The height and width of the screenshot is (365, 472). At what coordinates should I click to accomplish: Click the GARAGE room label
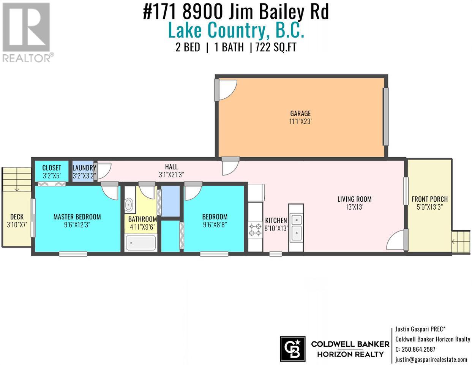pyautogui.click(x=300, y=114)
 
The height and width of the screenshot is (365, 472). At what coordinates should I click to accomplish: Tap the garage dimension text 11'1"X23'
pyautogui.click(x=300, y=122)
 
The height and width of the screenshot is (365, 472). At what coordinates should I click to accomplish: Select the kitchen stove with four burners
pyautogui.click(x=255, y=230)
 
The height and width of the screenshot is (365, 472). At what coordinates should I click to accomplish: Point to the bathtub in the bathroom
pyautogui.click(x=141, y=243)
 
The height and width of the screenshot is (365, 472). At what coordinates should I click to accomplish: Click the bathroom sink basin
pyautogui.click(x=129, y=204)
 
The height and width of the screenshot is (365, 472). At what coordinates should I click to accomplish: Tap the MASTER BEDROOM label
pyautogui.click(x=77, y=217)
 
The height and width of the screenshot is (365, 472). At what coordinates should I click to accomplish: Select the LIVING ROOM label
pyautogui.click(x=355, y=199)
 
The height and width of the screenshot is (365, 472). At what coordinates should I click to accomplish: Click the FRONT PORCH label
pyautogui.click(x=429, y=199)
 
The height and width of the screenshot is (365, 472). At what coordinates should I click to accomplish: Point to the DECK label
pyautogui.click(x=17, y=217)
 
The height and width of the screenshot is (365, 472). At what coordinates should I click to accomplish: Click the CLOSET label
pyautogui.click(x=52, y=168)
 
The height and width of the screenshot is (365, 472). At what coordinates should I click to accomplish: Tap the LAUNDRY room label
pyautogui.click(x=84, y=168)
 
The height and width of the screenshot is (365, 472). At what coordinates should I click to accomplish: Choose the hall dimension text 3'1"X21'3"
pyautogui.click(x=171, y=175)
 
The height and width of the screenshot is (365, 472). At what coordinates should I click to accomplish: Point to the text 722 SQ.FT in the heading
pyautogui.click(x=276, y=47)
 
